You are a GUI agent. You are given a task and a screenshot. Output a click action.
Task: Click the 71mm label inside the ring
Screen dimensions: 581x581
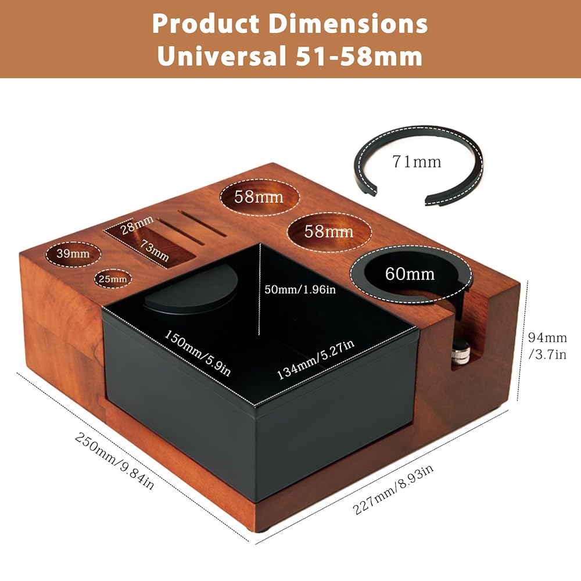tap(417, 161)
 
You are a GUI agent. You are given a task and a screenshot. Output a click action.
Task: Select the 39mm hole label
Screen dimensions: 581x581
tap(73, 253)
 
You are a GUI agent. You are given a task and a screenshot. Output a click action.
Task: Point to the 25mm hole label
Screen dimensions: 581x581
tap(112, 279)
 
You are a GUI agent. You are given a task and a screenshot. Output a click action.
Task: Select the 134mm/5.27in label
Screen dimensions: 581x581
tap(315, 360)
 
